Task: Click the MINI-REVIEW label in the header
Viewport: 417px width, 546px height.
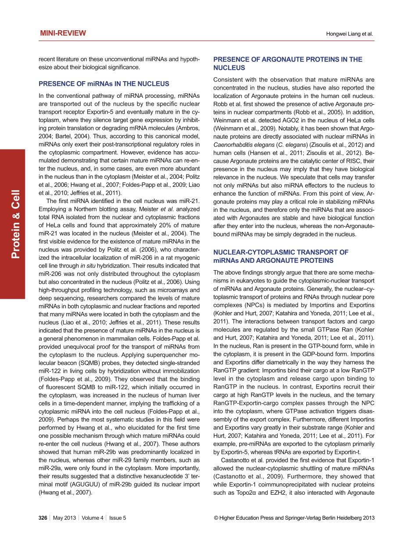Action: tap(63, 33)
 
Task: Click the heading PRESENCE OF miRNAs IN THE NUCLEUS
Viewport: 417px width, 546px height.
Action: tap(104, 84)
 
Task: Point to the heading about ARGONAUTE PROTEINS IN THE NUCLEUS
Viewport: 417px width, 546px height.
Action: tap(288, 64)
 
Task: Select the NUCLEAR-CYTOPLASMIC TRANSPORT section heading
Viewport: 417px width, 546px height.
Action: tap(281, 256)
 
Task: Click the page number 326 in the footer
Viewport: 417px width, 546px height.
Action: tap(43, 517)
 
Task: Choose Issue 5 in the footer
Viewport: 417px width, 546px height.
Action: tap(118, 517)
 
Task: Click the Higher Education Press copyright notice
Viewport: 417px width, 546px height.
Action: tap(294, 517)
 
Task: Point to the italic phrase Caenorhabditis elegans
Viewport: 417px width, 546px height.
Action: tap(240, 144)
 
